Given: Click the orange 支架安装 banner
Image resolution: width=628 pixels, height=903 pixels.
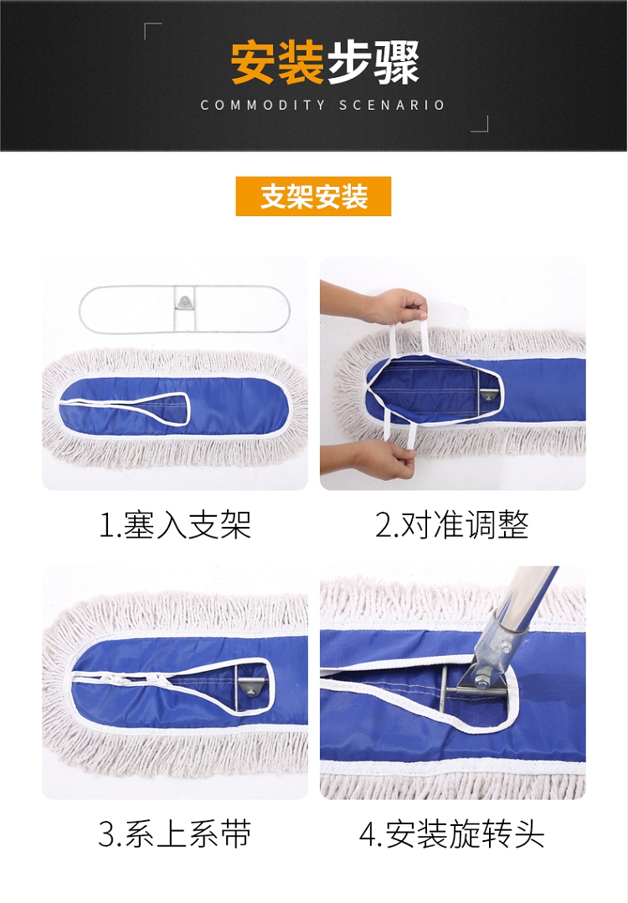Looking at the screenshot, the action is coord(313,196).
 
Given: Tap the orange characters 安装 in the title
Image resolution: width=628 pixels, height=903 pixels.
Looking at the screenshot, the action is coord(277,63).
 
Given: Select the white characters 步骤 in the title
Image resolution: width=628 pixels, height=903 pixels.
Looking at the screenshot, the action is coord(373,63).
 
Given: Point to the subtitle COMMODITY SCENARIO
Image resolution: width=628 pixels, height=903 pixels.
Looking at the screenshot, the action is coord(322,105).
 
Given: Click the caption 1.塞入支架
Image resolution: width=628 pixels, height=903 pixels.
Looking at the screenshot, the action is coord(175,524).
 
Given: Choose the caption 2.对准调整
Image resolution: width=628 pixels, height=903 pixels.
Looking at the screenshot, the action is coord(452,524).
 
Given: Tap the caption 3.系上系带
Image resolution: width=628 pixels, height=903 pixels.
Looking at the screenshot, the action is coord(175,833).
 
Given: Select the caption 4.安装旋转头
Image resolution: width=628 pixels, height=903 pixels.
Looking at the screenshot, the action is coord(452,833).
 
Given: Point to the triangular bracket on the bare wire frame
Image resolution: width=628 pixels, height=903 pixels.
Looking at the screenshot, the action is coord(184,302).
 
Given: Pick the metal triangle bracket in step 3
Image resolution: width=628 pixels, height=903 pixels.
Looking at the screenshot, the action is coord(252,685).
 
